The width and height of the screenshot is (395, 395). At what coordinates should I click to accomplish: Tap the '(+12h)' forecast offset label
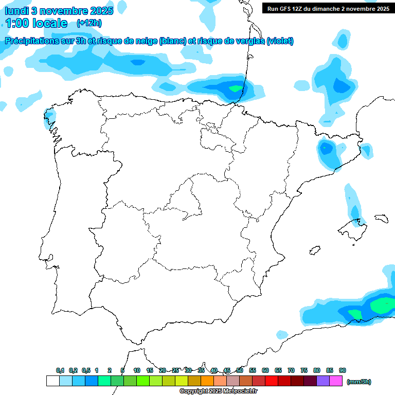tap(89, 23)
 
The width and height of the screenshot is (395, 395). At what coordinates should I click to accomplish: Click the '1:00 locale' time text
tap(36, 23)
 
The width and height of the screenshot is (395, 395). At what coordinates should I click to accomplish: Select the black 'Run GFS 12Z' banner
tap(328, 8)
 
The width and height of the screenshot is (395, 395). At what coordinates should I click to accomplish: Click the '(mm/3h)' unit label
tap(359, 382)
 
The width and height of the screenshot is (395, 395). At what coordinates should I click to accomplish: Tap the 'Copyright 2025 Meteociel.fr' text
tap(218, 391)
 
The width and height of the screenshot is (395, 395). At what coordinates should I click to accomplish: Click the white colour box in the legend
tap(53, 381)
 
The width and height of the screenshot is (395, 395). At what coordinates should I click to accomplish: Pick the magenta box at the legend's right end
tap(336, 381)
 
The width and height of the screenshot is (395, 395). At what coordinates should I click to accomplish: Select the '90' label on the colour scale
tap(343, 370)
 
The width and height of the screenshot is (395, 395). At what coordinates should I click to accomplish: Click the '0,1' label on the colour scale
tap(60, 370)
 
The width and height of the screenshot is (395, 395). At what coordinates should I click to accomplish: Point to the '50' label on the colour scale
tap(240, 370)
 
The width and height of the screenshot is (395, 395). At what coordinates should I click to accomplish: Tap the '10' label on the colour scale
tap(137, 370)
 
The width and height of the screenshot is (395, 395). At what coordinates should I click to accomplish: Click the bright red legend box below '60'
tap(272, 381)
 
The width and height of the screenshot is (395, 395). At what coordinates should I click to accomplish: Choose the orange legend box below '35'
tap(207, 381)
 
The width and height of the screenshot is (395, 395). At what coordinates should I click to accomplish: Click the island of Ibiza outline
tap(314, 250)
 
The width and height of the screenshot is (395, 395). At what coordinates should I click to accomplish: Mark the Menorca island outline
tap(381, 219)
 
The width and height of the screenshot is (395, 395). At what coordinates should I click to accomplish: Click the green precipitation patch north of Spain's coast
tap(235, 88)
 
